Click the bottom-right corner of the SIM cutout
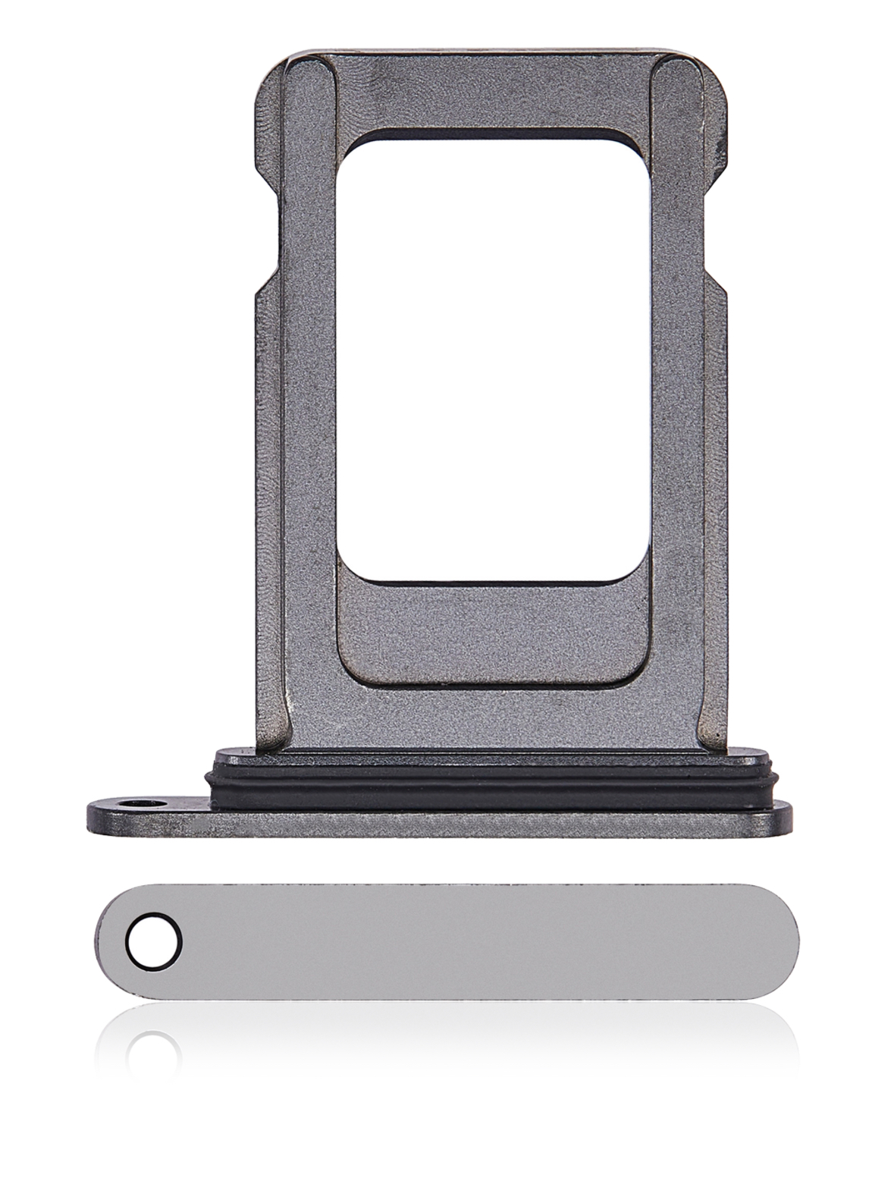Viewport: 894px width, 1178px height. [x=637, y=569]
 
